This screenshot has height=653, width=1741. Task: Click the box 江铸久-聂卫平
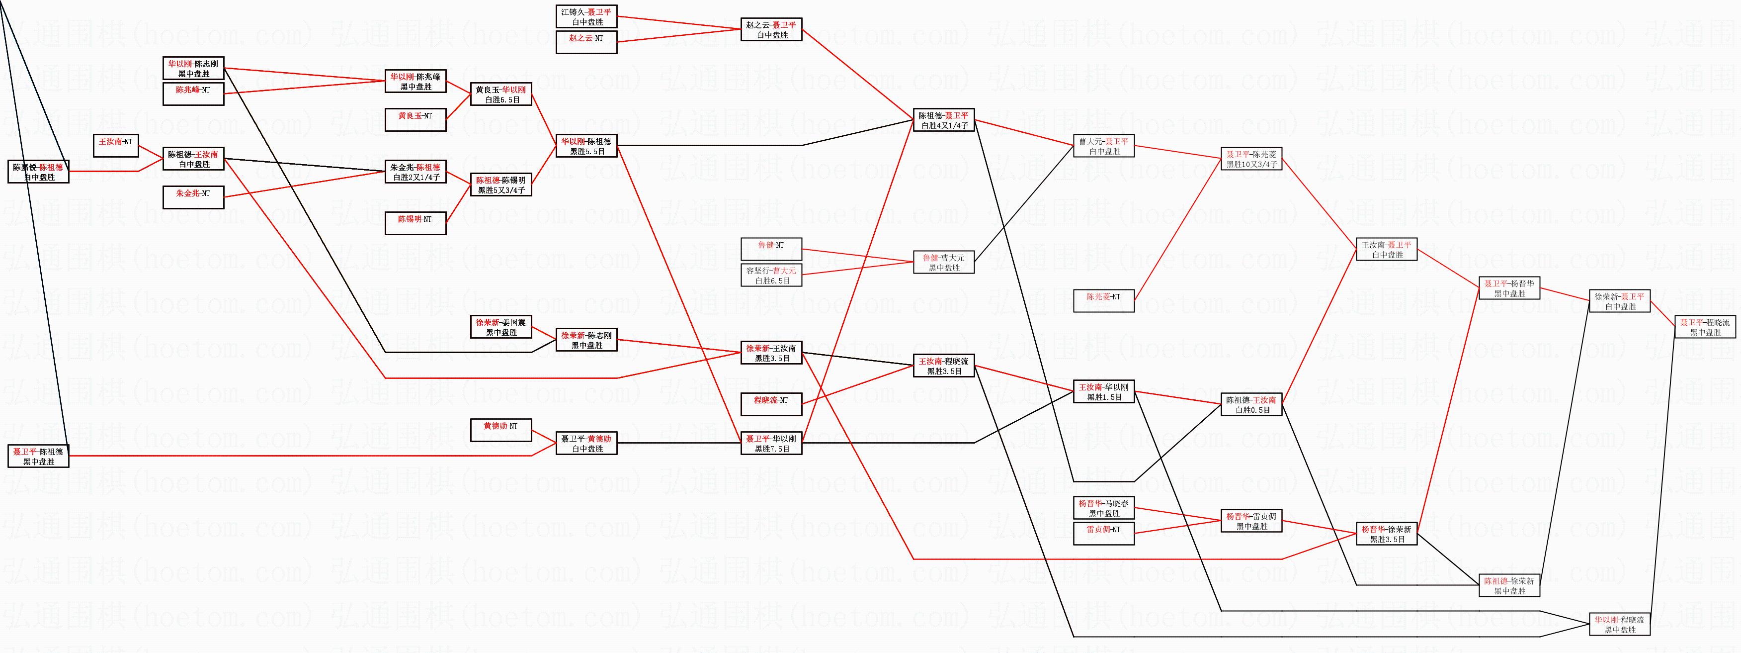pyautogui.click(x=586, y=17)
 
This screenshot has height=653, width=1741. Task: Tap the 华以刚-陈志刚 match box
pyautogui.click(x=193, y=69)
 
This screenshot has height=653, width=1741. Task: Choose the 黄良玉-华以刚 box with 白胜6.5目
pyautogui.click(x=501, y=94)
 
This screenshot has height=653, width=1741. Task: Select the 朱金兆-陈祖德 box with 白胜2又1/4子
pyautogui.click(x=415, y=172)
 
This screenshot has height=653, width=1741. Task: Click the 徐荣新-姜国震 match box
pyautogui.click(x=501, y=327)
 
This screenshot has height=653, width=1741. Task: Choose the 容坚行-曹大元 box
pyautogui.click(x=771, y=275)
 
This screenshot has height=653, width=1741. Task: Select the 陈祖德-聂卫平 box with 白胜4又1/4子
pyautogui.click(x=943, y=120)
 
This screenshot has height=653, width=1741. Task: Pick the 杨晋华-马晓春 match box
pyautogui.click(x=1104, y=508)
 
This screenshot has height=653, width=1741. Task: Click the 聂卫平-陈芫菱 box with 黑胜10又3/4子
pyautogui.click(x=1251, y=159)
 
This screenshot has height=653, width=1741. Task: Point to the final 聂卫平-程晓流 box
pyautogui.click(x=1705, y=327)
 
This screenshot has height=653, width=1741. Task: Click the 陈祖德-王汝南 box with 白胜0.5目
pyautogui.click(x=1251, y=404)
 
